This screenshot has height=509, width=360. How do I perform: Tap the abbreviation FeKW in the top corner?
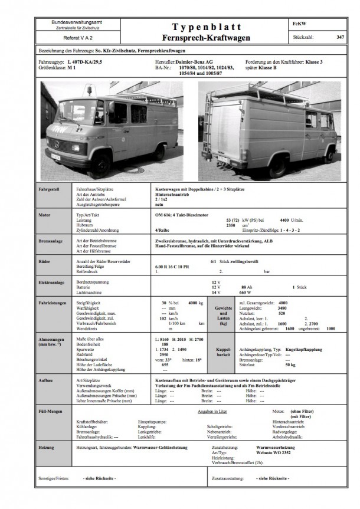(299, 23)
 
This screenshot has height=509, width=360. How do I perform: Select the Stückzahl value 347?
(339, 37)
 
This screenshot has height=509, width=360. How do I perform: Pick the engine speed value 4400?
(285, 220)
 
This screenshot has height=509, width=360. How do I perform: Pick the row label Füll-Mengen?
(51, 409)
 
